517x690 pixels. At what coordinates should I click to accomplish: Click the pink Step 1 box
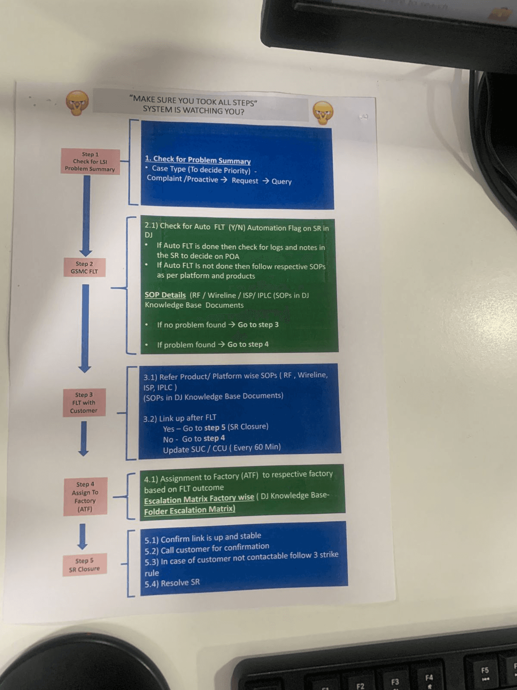click(90, 161)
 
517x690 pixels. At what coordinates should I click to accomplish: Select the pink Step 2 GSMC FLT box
click(84, 267)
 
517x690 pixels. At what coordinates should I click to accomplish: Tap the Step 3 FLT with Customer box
click(84, 403)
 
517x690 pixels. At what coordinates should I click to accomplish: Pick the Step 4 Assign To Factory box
click(85, 496)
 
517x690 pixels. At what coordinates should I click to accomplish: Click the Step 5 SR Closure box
click(84, 565)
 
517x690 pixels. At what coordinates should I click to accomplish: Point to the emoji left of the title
click(77, 103)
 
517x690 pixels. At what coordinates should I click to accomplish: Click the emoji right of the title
click(323, 112)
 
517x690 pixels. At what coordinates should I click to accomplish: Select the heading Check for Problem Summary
click(198, 160)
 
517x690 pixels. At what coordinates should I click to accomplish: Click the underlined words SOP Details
click(165, 295)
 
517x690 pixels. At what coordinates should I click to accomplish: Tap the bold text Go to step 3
click(258, 324)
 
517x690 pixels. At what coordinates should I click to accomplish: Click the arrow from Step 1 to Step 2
click(86, 216)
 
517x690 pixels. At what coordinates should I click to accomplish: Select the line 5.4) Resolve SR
click(172, 583)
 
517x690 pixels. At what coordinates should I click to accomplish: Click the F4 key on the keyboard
click(429, 678)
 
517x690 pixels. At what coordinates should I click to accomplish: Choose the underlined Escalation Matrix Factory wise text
click(199, 499)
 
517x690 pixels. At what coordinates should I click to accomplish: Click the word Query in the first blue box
click(281, 182)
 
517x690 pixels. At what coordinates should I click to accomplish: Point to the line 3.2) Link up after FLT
click(180, 418)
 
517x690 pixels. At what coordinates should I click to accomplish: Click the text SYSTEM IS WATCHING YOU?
click(193, 110)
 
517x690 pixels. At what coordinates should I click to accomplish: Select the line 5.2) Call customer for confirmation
click(207, 549)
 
